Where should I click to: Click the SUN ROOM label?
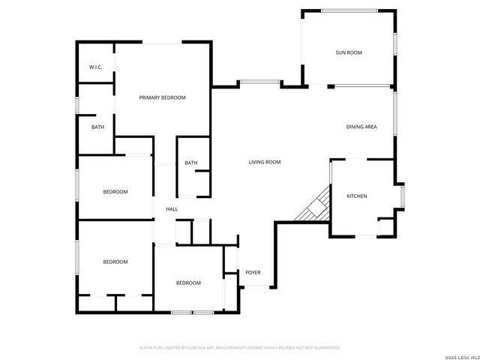pyautogui.click(x=349, y=52)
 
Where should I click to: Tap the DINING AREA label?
pyautogui.click(x=361, y=127)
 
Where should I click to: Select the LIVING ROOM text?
pyautogui.click(x=265, y=162)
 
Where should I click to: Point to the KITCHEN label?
pyautogui.click(x=356, y=196)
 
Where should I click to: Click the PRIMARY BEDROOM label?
pyautogui.click(x=162, y=97)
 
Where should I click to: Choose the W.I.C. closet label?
pyautogui.click(x=95, y=67)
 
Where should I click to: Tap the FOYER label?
pyautogui.click(x=253, y=272)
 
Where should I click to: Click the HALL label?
pyautogui.click(x=172, y=209)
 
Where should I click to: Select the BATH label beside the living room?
pyautogui.click(x=191, y=163)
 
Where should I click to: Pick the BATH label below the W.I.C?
pyautogui.click(x=98, y=127)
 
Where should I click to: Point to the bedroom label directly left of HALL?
pyautogui.click(x=115, y=192)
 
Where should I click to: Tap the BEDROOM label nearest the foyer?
pyautogui.click(x=188, y=283)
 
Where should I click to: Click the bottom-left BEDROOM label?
pyautogui.click(x=115, y=262)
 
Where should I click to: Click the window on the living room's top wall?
pyautogui.click(x=260, y=82)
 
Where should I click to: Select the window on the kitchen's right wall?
pyautogui.click(x=403, y=196)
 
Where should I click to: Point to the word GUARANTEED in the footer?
pyautogui.click(x=323, y=348)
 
